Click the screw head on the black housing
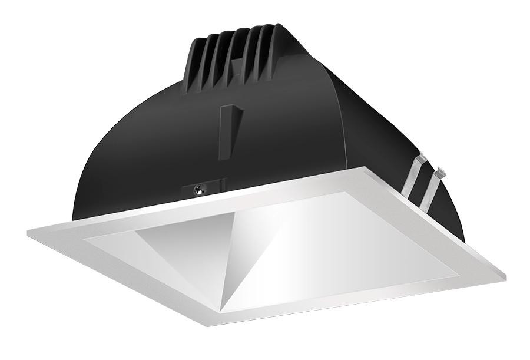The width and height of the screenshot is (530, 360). coord(198,189)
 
